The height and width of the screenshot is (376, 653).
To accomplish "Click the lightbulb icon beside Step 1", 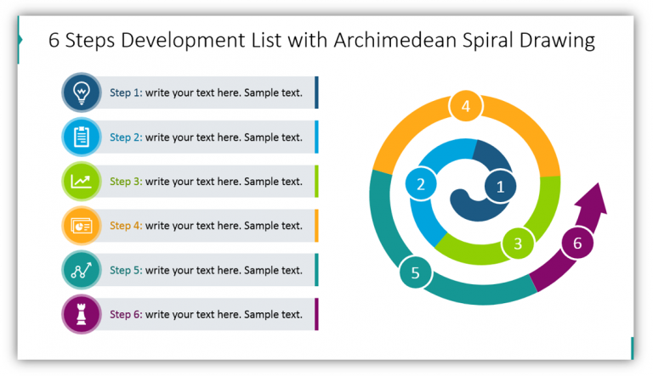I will [82, 93].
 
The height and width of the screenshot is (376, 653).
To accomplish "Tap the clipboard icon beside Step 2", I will [82, 137].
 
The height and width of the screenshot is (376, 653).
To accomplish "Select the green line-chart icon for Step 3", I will [82, 181].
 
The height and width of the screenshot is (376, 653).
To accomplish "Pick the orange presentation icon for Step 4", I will [82, 226].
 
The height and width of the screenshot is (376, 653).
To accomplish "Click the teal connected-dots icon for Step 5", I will [82, 270].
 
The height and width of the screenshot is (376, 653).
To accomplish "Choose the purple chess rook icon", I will [82, 315].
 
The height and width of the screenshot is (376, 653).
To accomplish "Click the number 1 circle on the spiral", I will [500, 187].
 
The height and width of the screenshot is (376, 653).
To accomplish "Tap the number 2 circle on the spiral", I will [420, 183].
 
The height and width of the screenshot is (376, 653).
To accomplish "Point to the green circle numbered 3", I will [517, 244].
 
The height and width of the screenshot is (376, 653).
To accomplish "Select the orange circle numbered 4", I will [465, 107].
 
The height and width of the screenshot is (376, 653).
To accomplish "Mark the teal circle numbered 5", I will [415, 272].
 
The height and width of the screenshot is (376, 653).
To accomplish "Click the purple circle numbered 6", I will [577, 244].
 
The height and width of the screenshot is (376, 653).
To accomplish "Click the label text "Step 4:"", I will [126, 226].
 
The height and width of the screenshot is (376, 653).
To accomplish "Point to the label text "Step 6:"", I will [126, 315].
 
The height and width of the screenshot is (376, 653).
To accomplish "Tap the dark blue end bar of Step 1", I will [316, 93].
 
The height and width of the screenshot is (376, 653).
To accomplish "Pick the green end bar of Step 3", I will [316, 181].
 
